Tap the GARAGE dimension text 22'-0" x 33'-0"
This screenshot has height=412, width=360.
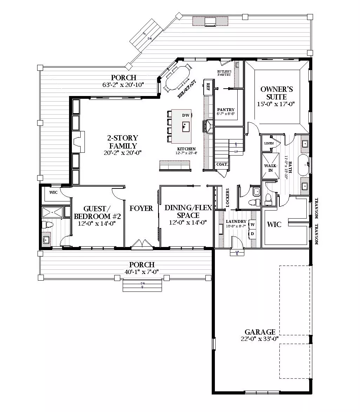[260, 339]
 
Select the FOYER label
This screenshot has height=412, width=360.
[141, 208]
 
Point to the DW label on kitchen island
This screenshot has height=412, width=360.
[185, 115]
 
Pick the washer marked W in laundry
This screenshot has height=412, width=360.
[252, 224]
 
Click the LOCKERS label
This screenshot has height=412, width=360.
[228, 198]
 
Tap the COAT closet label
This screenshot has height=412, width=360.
[222, 164]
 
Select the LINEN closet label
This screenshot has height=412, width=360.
[269, 143]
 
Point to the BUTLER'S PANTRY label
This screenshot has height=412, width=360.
[224, 73]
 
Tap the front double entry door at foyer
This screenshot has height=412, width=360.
[142, 245]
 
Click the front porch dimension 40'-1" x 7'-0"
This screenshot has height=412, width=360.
[142, 272]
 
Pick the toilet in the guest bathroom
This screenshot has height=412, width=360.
[46, 224]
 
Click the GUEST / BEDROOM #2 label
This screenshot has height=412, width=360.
[97, 212]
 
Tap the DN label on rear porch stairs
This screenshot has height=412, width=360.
[150, 38]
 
